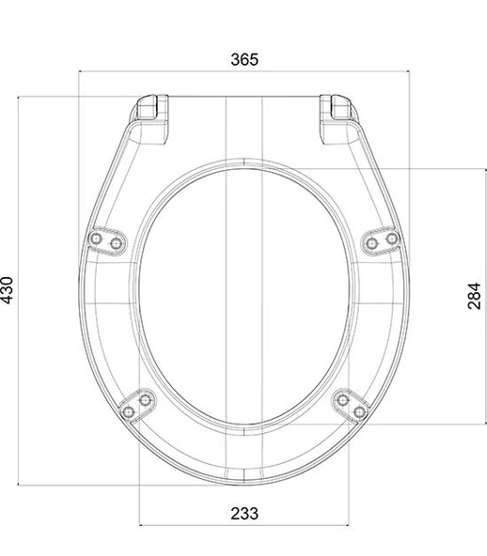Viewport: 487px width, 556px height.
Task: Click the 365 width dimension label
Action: click(244, 59)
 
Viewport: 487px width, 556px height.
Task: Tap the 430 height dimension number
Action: click(8, 290)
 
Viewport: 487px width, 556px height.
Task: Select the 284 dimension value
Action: click(474, 296)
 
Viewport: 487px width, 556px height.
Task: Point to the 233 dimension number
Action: click(244, 514)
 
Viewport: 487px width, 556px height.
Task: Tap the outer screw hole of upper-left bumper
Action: click(96, 239)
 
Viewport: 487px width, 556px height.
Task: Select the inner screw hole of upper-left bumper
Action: click(116, 243)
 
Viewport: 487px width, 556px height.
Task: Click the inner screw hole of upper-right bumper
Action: click(371, 243)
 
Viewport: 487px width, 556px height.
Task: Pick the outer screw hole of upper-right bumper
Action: click(392, 239)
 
